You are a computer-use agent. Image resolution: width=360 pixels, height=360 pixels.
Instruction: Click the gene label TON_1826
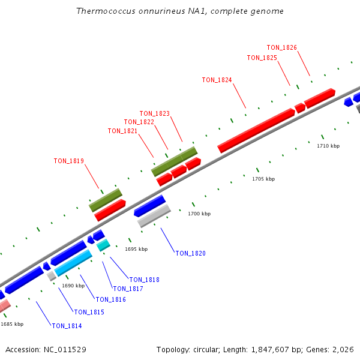(x=281, y=47)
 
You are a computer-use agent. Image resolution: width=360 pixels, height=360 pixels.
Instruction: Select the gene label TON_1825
(x=262, y=58)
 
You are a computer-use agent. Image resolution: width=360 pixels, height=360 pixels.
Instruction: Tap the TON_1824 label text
(x=217, y=80)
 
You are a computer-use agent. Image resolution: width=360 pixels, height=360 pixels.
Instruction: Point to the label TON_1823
(x=154, y=113)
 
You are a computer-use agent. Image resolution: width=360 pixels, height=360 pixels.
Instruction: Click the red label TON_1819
(x=68, y=161)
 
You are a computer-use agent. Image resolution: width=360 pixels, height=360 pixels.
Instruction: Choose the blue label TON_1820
(x=190, y=253)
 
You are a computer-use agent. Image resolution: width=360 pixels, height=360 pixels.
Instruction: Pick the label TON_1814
(x=67, y=326)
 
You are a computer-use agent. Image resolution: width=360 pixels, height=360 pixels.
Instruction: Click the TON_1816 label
(x=110, y=299)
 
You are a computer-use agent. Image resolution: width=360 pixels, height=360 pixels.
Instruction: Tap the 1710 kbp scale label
(x=328, y=146)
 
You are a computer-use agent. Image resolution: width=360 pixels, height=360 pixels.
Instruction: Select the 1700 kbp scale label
(x=199, y=214)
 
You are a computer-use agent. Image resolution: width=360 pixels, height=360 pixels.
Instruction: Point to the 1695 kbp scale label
(x=136, y=249)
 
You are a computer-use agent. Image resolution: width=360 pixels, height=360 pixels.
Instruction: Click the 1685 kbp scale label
(x=12, y=324)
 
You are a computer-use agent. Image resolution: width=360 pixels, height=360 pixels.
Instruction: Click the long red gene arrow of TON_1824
(x=256, y=130)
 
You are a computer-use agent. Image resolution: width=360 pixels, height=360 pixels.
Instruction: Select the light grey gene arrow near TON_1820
(x=154, y=216)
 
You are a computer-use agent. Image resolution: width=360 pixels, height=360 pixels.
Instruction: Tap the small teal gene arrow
(x=103, y=245)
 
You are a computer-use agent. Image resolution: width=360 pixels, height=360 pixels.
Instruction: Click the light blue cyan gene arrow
(x=73, y=263)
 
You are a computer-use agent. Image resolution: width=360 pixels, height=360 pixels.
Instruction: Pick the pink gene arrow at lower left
(x=4, y=306)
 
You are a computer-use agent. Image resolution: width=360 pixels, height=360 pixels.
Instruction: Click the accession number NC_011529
(x=65, y=349)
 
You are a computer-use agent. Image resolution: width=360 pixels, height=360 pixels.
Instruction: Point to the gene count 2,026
(x=342, y=349)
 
